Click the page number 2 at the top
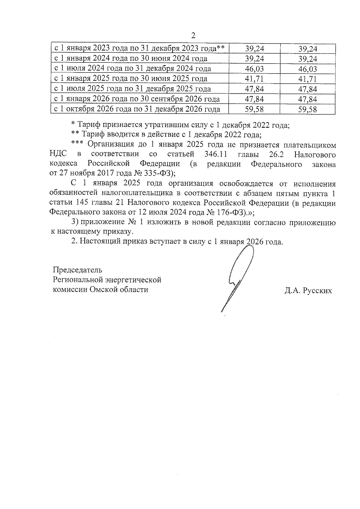click(193, 36)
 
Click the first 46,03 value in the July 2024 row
click(254, 69)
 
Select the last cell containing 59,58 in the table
click(307, 109)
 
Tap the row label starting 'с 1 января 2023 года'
click(139, 48)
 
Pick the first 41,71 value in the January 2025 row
click(254, 79)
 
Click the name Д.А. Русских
click(308, 290)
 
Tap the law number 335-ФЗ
click(161, 173)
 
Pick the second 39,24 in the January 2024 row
click(307, 59)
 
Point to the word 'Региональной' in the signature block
click(78, 280)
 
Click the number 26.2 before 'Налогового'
click(273, 154)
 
